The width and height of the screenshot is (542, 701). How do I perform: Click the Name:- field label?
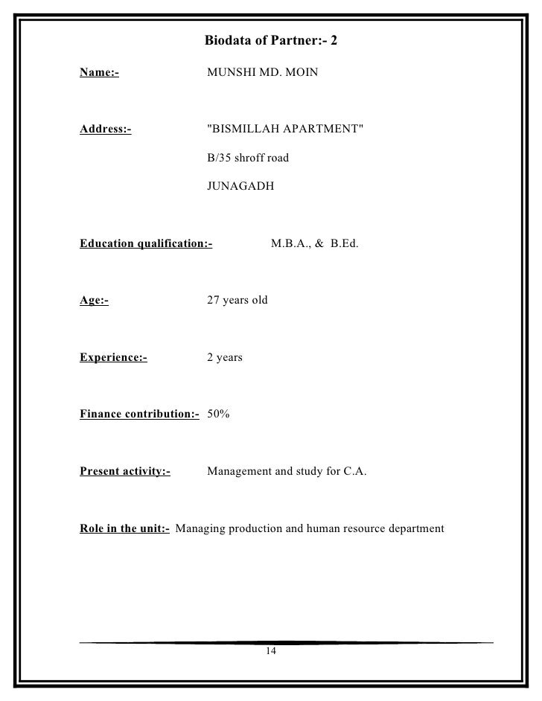pyautogui.click(x=99, y=74)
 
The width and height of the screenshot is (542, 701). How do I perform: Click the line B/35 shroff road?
pyautogui.click(x=247, y=158)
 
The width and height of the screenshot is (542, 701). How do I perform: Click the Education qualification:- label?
pyautogui.click(x=146, y=243)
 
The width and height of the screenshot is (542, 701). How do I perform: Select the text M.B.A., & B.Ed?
pyautogui.click(x=314, y=243)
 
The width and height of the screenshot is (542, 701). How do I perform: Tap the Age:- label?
pyautogui.click(x=94, y=301)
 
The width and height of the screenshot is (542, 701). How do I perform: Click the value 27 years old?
pyautogui.click(x=237, y=301)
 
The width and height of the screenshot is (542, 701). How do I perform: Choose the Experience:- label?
pyautogui.click(x=113, y=358)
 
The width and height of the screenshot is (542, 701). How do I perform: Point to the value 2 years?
pyautogui.click(x=224, y=358)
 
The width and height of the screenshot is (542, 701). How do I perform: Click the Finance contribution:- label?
pyautogui.click(x=139, y=414)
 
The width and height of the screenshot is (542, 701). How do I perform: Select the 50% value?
pyautogui.click(x=218, y=414)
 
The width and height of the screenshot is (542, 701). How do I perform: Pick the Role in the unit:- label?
pyautogui.click(x=124, y=529)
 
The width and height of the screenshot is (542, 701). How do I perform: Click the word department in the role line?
pyautogui.click(x=413, y=529)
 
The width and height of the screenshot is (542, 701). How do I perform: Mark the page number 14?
pyautogui.click(x=270, y=652)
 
